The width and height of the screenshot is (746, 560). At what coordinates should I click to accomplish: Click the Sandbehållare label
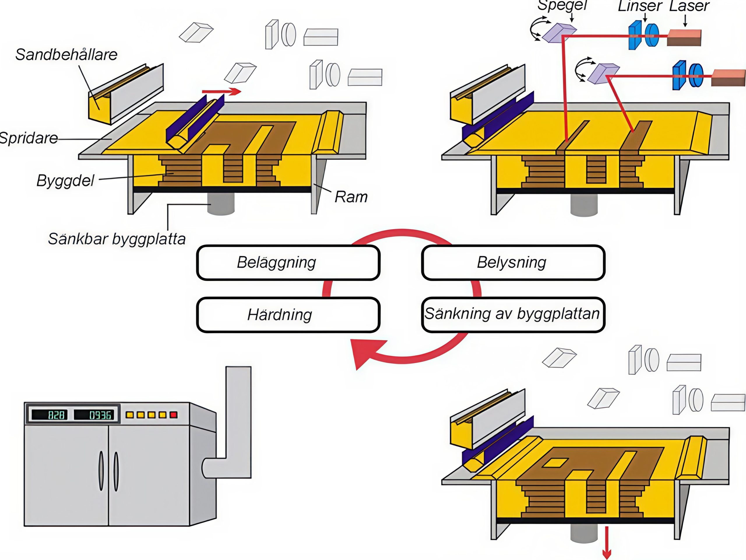[x=66, y=55]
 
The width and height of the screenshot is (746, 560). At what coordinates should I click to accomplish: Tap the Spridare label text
[x=29, y=138]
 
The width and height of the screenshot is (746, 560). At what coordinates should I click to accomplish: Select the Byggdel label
[x=66, y=180]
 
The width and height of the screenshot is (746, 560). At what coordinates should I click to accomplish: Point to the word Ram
[x=351, y=197]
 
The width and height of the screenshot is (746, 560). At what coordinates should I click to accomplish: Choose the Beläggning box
[x=288, y=263]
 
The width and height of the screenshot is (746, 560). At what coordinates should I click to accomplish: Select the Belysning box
[x=513, y=263]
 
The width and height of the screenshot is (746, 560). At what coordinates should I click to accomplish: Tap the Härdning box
[x=288, y=315]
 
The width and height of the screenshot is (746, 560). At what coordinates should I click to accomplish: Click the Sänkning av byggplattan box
[x=513, y=314]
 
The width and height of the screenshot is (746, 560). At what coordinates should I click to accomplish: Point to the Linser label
[x=640, y=6]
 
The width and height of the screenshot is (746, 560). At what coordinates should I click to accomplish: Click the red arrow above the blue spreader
[x=221, y=92]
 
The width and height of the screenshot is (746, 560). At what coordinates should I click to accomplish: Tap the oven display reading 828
[x=56, y=415]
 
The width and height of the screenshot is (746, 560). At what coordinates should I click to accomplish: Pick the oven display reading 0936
[x=100, y=415]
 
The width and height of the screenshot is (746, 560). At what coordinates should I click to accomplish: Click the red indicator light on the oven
[x=173, y=415]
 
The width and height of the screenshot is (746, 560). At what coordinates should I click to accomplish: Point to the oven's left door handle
[x=101, y=471]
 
